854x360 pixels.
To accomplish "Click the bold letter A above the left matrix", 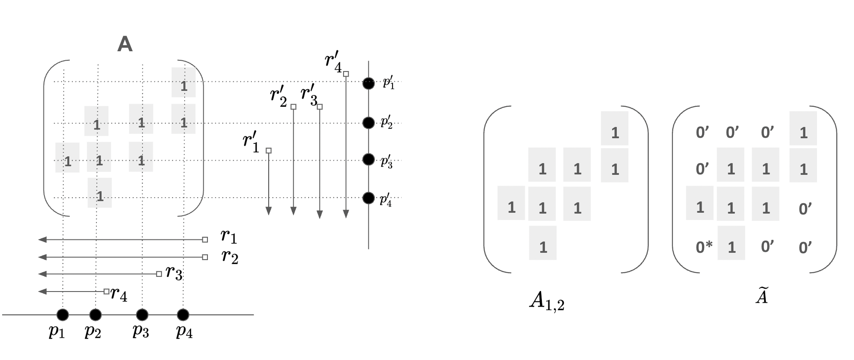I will coord(124,44).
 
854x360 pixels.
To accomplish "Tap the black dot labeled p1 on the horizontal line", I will coord(62,315).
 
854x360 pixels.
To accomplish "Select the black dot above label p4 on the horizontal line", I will coord(183,315).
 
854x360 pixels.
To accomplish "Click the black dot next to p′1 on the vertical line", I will coord(368,83).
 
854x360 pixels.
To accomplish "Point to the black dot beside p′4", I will coord(368,198).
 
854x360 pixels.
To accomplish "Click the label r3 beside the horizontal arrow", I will coord(174,273).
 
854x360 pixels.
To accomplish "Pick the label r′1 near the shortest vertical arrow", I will coord(251,143).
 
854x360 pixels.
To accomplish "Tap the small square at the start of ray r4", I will coord(106,292).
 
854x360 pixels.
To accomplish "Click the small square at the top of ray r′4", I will coord(346,74).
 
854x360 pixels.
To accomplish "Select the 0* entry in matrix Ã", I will coord(704,247).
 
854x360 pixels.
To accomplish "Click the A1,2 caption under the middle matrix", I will coord(546,300).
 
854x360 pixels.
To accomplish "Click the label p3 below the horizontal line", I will coord(141,331).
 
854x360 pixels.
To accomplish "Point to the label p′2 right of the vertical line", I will coord(387,123).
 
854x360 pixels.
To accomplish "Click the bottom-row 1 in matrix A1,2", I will coord(543,247).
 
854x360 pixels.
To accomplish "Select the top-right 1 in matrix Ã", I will coord(803,133).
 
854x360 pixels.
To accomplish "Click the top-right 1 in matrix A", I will coord(184,86).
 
